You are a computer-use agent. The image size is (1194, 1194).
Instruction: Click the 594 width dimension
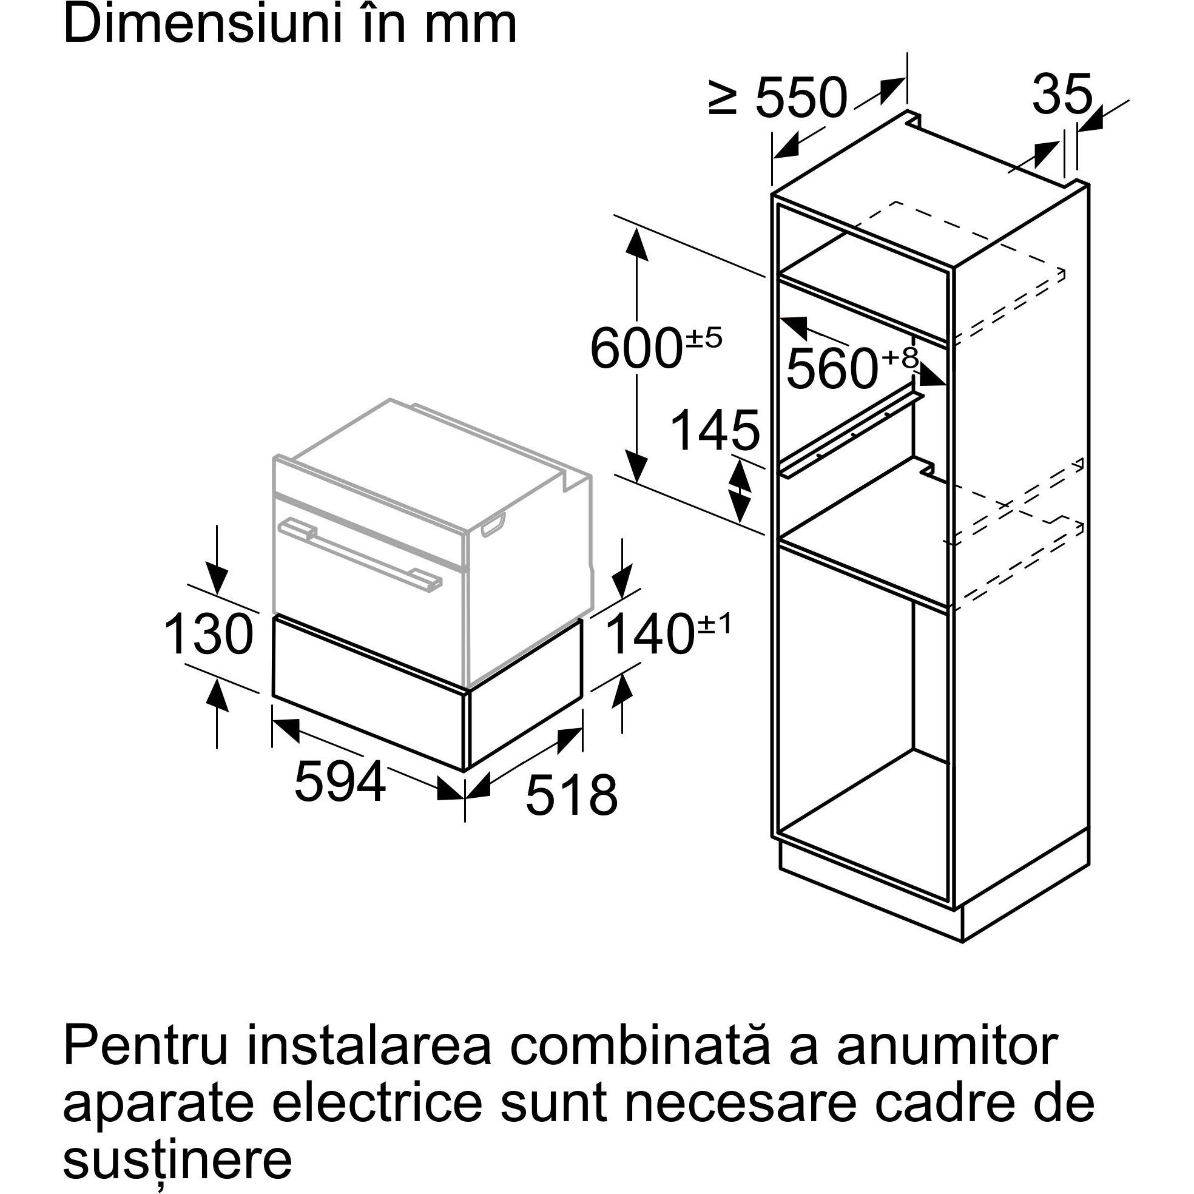coord(340,781)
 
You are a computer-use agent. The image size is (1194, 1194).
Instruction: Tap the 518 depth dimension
coord(571,795)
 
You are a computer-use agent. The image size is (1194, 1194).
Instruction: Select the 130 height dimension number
coord(208,634)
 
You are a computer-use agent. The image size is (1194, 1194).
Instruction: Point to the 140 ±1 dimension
coord(667,634)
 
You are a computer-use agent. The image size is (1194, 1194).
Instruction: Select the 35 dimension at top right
coord(1062,95)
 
